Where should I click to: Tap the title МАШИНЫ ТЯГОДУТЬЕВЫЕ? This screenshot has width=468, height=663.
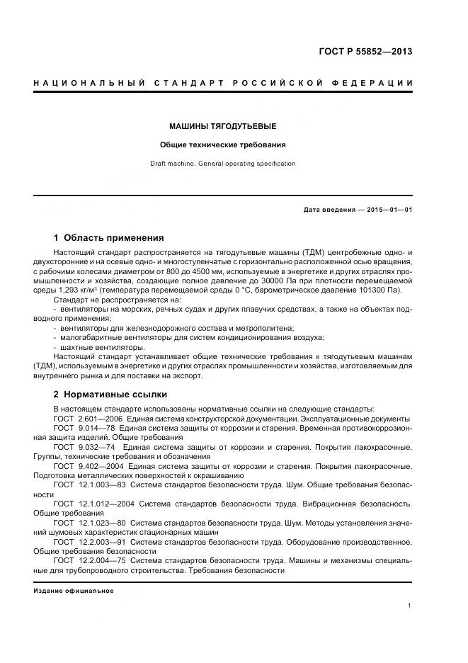click(222, 126)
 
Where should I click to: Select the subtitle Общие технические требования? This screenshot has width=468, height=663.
click(222, 144)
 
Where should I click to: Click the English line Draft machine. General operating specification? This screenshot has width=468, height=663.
click(222, 164)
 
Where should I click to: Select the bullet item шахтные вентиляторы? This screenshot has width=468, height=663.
click(102, 347)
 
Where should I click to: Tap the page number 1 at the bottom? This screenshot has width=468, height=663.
click(410, 606)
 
